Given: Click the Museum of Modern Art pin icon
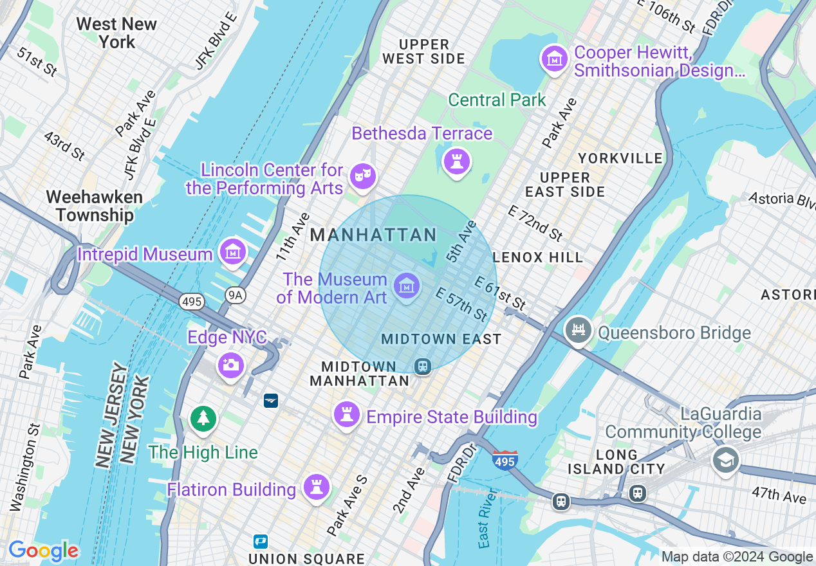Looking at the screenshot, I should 407,285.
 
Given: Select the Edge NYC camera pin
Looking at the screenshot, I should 230,365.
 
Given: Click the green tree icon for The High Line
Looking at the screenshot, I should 203,419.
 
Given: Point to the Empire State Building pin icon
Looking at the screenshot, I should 347,414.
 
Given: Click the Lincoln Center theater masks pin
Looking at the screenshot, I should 362,175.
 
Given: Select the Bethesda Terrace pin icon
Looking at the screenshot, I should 457,161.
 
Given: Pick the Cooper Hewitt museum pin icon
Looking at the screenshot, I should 554,59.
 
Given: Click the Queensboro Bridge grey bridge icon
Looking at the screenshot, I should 578,331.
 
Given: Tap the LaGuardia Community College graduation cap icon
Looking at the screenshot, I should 725,460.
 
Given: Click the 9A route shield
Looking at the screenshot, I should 236,295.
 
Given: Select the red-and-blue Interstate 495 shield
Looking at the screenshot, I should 505,461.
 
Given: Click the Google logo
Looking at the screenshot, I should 43,551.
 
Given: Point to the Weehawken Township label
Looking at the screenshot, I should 95,206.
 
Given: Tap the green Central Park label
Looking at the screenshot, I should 497,100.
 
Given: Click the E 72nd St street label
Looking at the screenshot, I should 535,223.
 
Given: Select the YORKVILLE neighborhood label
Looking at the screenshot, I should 620,158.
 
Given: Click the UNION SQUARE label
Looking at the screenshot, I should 306,558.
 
